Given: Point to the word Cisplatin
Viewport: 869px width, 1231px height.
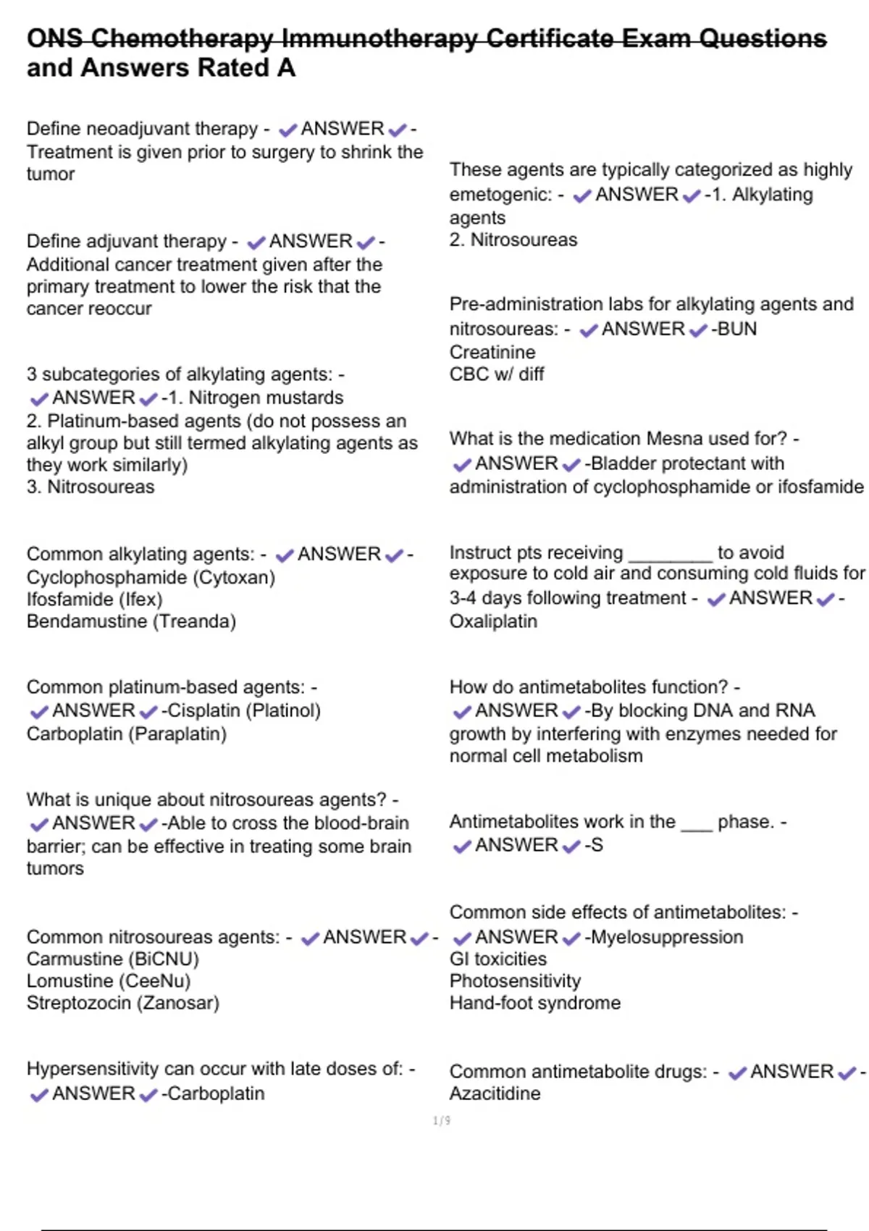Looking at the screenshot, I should (204, 710).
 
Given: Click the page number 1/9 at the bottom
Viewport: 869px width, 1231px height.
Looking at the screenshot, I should (442, 1121).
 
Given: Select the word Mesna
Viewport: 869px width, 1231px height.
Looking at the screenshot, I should (674, 439).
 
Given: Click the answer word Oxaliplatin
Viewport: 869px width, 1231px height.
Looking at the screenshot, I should (493, 621).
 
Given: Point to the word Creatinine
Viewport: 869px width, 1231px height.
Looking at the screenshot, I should (492, 353).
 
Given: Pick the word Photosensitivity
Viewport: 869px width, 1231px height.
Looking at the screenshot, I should (515, 981).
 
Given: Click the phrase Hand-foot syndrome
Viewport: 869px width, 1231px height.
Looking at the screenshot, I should (534, 1003).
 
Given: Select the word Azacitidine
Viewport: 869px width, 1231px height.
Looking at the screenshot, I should (495, 1093).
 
